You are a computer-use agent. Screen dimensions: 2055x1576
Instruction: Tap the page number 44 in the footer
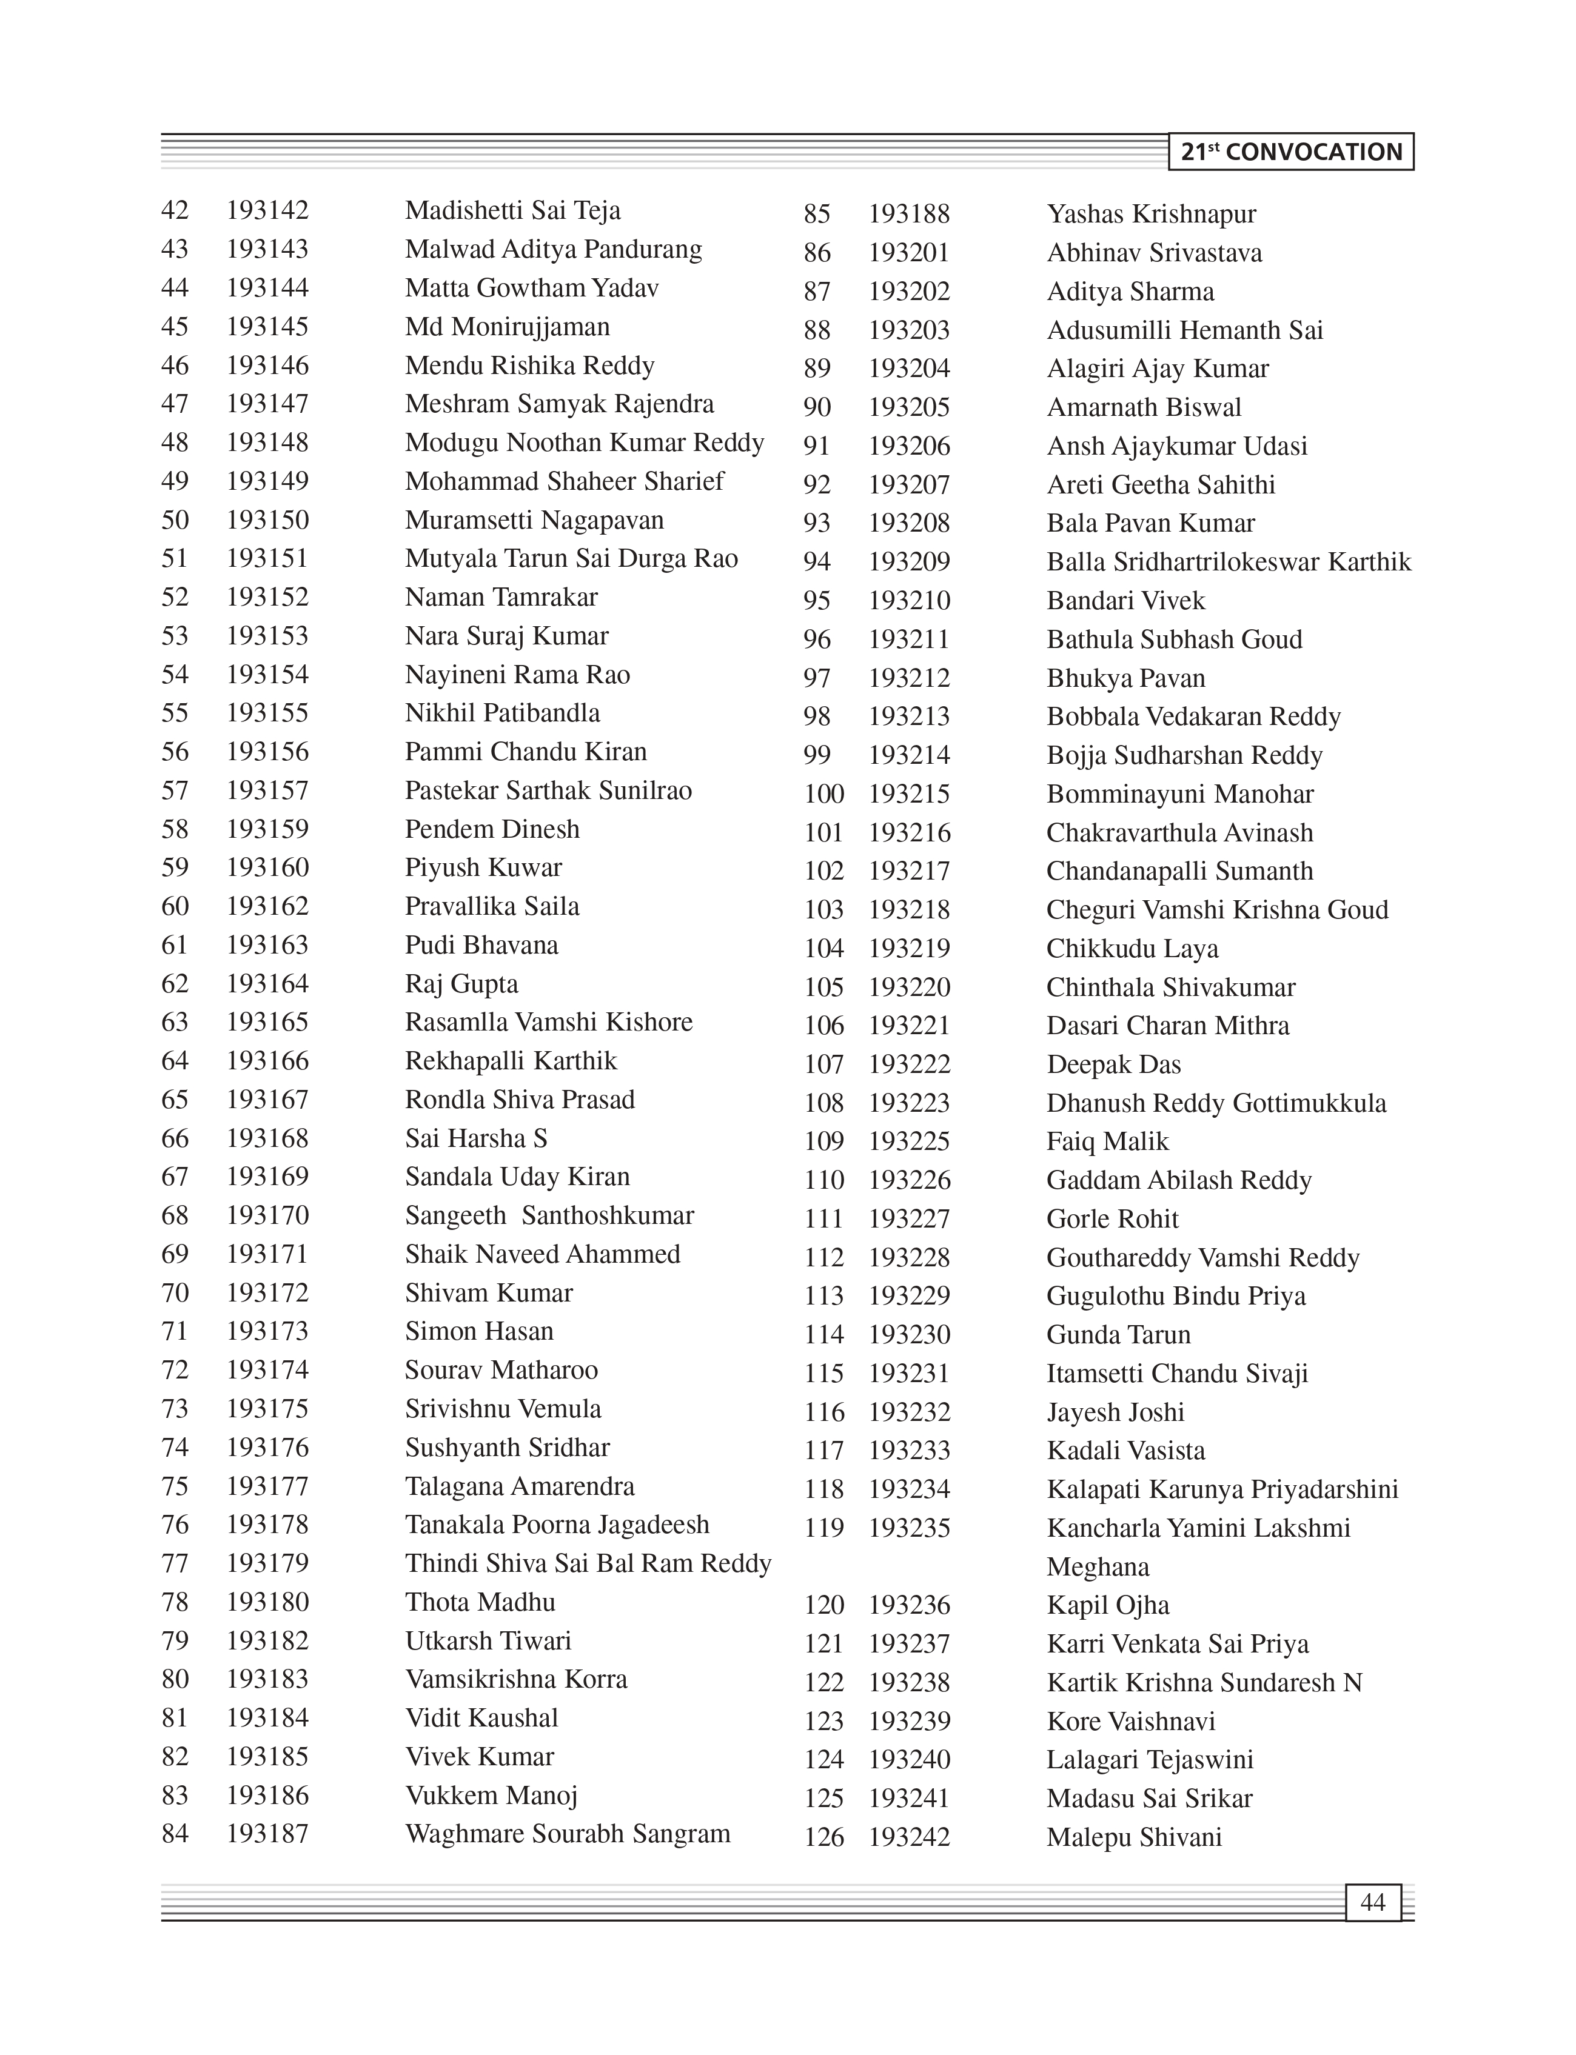click(1372, 1902)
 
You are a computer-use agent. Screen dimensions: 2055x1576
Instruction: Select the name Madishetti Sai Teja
click(512, 211)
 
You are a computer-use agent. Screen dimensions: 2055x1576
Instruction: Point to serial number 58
click(175, 829)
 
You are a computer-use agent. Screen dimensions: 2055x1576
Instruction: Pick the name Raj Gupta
click(461, 984)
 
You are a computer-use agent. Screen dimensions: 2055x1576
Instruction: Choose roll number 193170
click(267, 1215)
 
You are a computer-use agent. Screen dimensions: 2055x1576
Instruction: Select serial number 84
click(175, 1834)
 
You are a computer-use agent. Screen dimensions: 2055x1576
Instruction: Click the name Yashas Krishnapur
click(1150, 215)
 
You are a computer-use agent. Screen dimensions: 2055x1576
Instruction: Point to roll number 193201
click(908, 253)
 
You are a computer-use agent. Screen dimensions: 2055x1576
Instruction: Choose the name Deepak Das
click(1113, 1064)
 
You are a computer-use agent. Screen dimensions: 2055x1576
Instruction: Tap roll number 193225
click(908, 1141)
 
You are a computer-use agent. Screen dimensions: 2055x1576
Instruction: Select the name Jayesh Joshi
click(1115, 1412)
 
